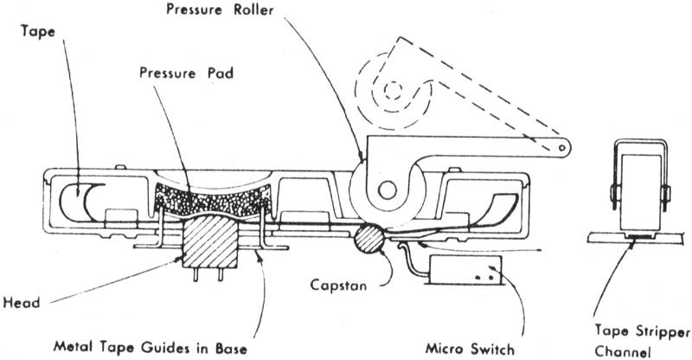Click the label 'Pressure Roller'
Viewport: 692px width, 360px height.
[x=220, y=10]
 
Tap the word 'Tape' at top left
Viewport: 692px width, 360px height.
[x=38, y=32]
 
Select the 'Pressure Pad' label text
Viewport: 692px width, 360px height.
[x=186, y=73]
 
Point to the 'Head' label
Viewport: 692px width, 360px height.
[x=21, y=303]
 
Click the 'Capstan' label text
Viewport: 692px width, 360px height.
[x=338, y=285]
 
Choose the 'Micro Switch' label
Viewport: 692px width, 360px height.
[x=470, y=349]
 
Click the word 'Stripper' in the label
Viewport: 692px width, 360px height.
[x=663, y=331]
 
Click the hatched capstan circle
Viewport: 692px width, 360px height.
[x=369, y=239]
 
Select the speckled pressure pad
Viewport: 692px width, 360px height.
[x=213, y=201]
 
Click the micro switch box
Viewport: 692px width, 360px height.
[x=465, y=269]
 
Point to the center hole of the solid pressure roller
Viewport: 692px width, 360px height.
[x=387, y=190]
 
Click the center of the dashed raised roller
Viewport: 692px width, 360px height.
[x=392, y=91]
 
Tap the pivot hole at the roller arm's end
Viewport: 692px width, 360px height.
[x=562, y=148]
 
